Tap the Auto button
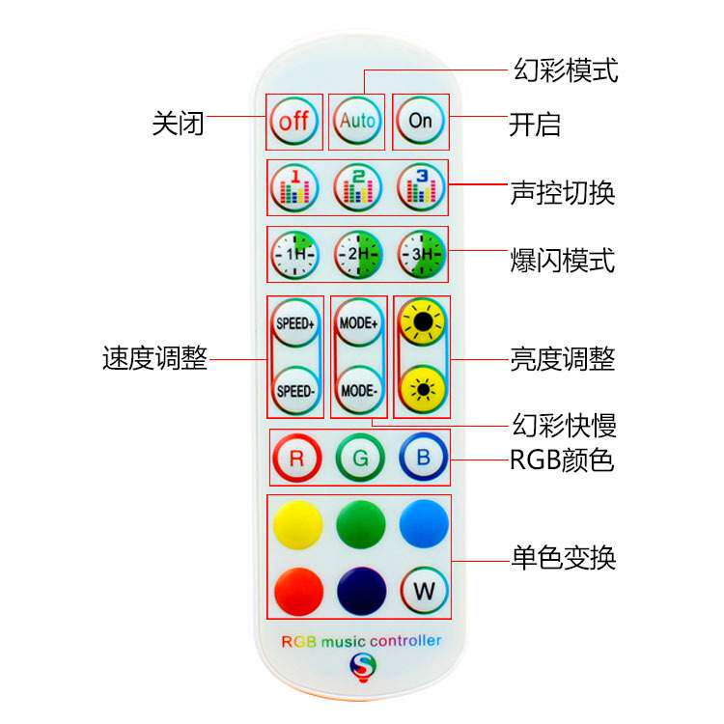357,122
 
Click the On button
421,122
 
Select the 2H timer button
359,255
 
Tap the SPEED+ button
295,323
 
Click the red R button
296,459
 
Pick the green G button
360,459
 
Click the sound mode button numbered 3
422,187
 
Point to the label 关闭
179,124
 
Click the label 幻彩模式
564,70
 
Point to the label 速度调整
154,359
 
